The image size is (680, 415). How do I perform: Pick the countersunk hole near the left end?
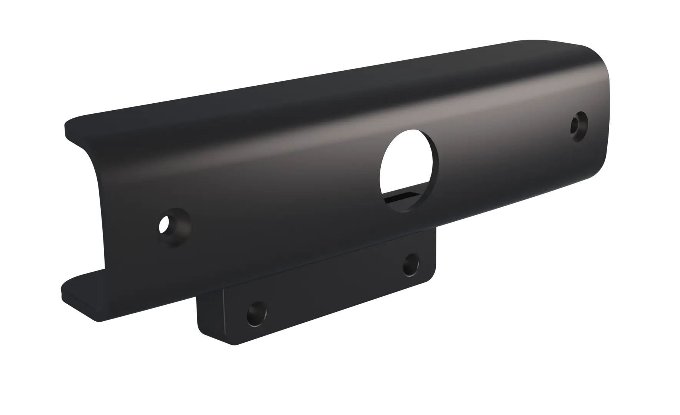click(175, 227)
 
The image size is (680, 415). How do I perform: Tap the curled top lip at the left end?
click(77, 127)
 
